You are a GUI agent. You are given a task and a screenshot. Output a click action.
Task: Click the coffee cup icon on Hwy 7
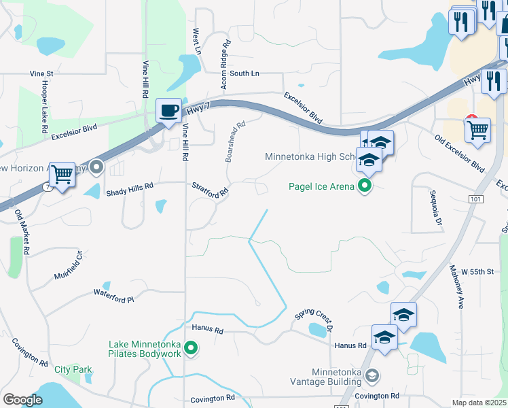(x=168, y=110)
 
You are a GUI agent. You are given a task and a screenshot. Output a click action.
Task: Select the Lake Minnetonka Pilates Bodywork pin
(x=192, y=349)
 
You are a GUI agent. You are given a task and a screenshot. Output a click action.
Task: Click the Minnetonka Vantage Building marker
(x=371, y=375)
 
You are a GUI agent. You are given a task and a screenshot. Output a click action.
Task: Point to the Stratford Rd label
(x=209, y=190)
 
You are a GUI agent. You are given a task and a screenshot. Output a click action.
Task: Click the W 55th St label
(x=476, y=271)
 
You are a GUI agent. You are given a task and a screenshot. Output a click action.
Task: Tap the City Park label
(x=73, y=370)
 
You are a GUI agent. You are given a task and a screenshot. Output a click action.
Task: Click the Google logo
(x=22, y=400)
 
